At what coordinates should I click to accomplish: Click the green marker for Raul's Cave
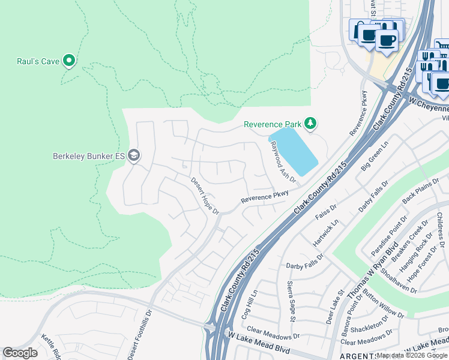click(69, 60)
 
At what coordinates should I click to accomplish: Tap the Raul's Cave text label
click(37, 61)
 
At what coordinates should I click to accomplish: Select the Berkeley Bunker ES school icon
click(133, 156)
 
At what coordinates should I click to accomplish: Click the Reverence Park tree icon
click(310, 124)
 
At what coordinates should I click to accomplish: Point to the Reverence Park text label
click(272, 124)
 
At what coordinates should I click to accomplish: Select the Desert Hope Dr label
click(205, 195)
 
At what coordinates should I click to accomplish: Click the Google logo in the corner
click(20, 353)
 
